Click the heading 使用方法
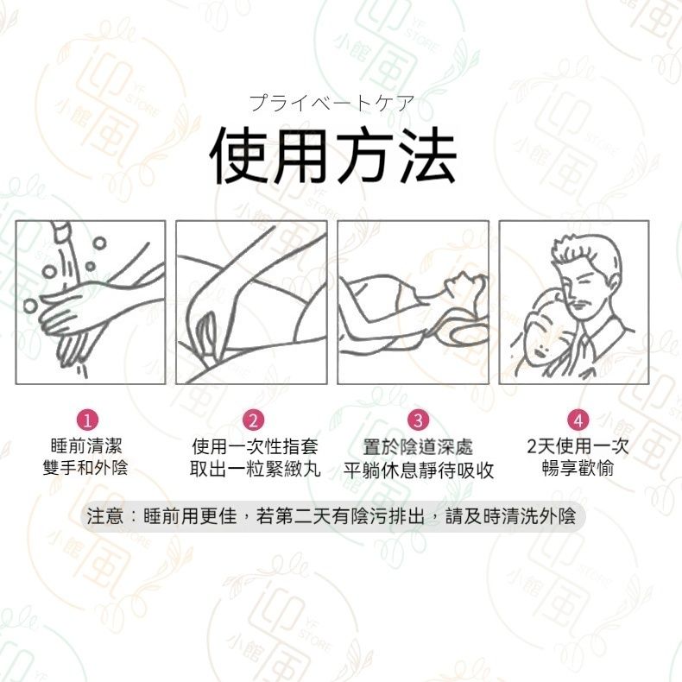(x=332, y=155)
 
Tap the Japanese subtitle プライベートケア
(x=332, y=103)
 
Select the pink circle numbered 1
(x=87, y=420)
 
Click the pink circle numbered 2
(x=253, y=420)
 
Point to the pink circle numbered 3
(x=418, y=420)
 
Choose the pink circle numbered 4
(x=578, y=420)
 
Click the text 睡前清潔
(x=86, y=446)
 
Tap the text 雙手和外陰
(x=85, y=468)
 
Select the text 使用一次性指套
(x=255, y=446)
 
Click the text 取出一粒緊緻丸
(x=255, y=469)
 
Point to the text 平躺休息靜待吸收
(x=419, y=470)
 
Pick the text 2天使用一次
(x=578, y=446)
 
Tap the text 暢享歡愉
(x=578, y=468)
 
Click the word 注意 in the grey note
(x=104, y=516)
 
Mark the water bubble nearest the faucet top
(x=99, y=243)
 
